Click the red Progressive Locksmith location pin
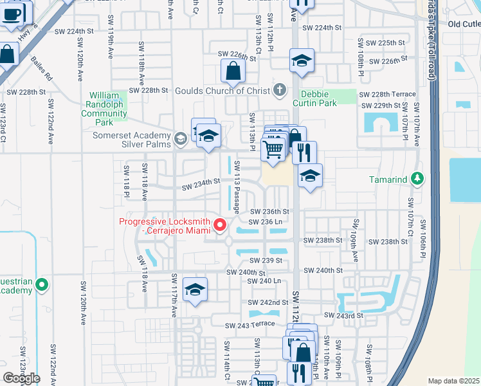[220, 225]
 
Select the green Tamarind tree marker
[417, 179]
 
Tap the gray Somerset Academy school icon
[181, 136]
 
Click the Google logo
[21, 378]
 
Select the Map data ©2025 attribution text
[453, 381]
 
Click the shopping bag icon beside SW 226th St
[231, 71]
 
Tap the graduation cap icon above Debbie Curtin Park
[302, 61]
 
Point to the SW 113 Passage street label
[237, 187]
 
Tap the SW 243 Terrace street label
[250, 324]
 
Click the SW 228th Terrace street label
[390, 94]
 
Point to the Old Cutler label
[464, 24]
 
